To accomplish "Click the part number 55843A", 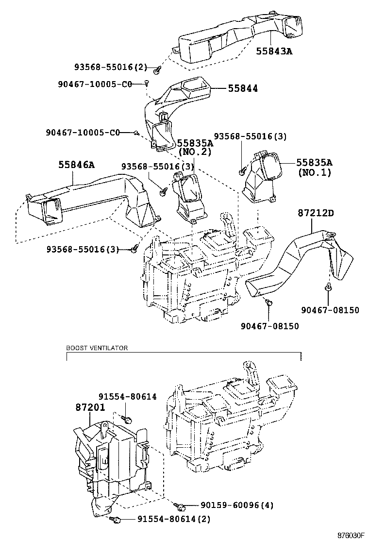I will pos(274,51).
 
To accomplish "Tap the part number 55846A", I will pos(76,165).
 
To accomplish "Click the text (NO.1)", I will pos(314,172).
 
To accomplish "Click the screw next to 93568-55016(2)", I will pos(157,71).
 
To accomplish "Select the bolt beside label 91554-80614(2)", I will pos(117,520).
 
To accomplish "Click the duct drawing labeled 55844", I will pos(170,112).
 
